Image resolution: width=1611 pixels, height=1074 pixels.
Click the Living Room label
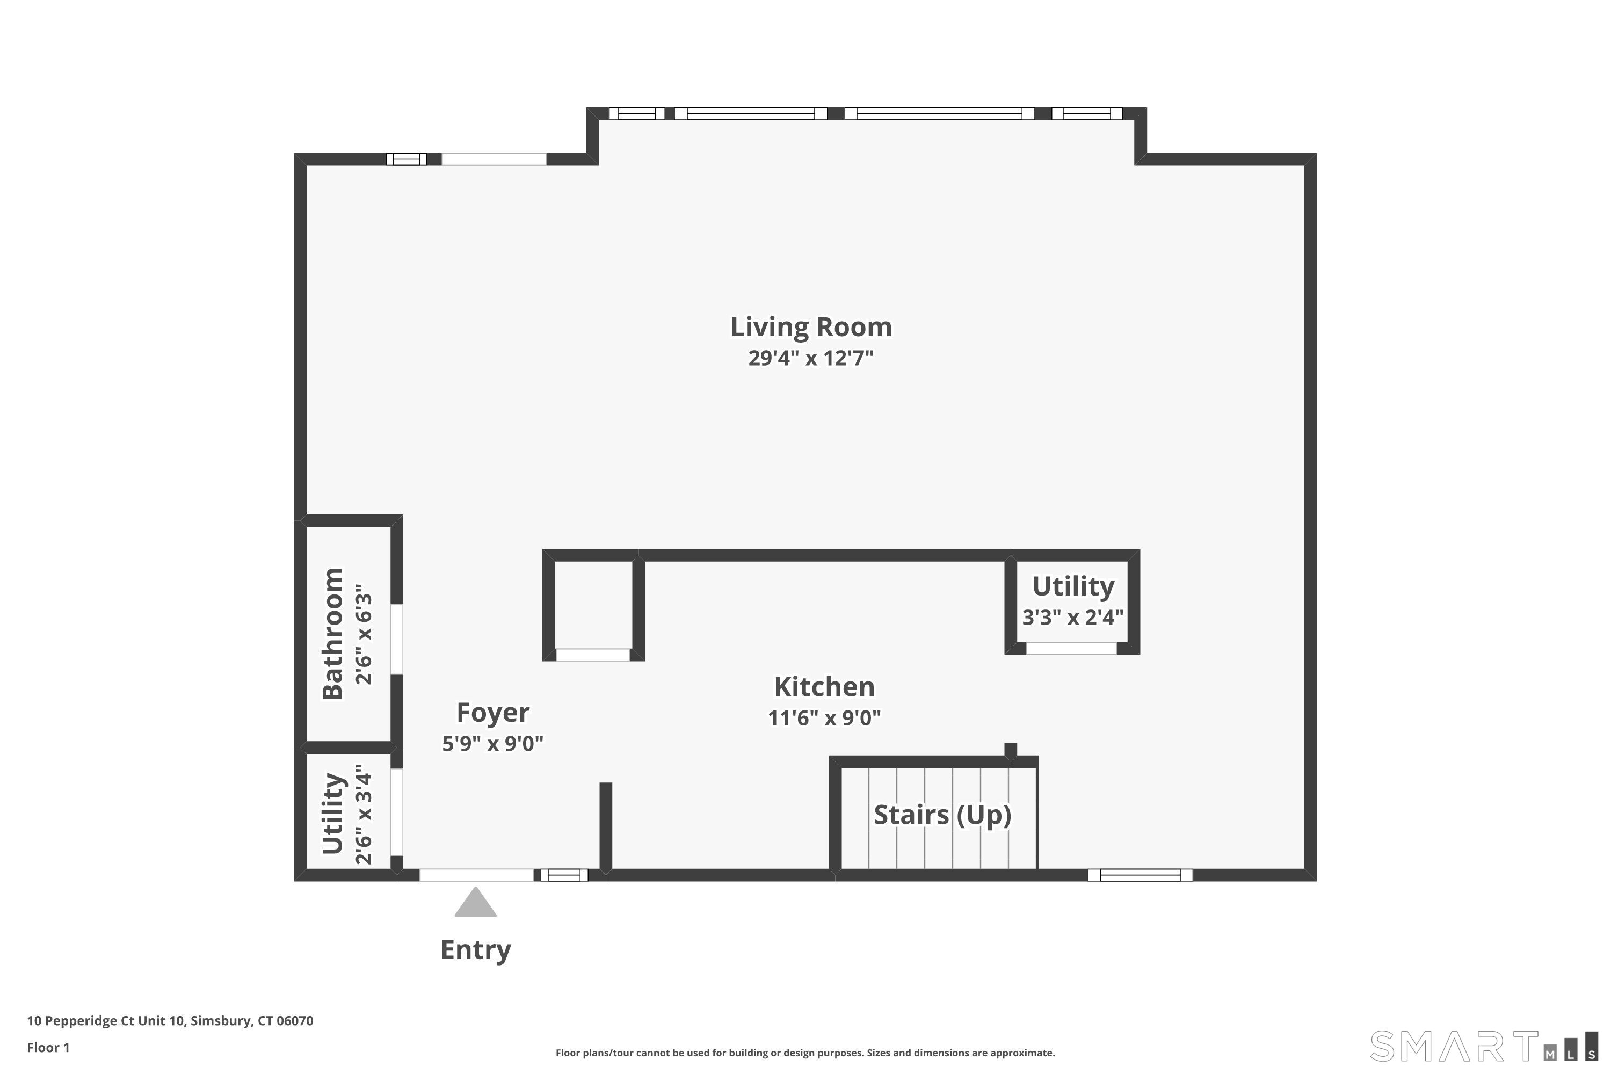coord(811,326)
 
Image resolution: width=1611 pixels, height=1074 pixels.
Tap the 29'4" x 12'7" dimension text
coord(811,358)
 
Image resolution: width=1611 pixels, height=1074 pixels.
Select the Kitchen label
coord(824,686)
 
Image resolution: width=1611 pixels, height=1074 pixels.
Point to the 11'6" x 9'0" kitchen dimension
coord(824,717)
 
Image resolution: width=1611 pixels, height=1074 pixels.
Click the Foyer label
coord(492,713)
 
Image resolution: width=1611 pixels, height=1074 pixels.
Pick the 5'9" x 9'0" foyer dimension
coord(492,743)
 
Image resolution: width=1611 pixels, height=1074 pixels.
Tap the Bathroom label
coord(332,634)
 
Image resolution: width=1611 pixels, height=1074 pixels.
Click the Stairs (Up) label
coord(942,815)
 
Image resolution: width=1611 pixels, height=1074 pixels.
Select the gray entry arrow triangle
coord(475,903)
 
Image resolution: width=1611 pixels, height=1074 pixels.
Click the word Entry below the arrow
coord(475,950)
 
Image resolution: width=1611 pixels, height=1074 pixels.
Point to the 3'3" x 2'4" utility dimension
coord(1072,617)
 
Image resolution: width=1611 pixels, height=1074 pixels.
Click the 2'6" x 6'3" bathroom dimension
coord(363,634)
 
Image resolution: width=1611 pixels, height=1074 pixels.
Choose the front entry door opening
coord(477,875)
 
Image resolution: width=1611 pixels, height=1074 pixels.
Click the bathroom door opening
coord(397,639)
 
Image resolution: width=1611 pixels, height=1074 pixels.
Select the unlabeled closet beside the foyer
coord(593,604)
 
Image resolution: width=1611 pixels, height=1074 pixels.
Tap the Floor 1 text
coord(48,1047)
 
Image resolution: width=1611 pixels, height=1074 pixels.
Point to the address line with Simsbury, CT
coord(170,1021)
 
